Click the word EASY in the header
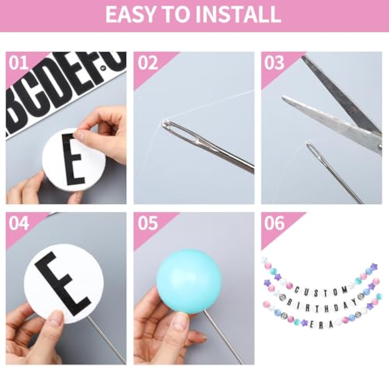pyautogui.click(x=130, y=15)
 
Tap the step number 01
pyautogui.click(x=18, y=63)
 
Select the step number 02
pyautogui.click(x=147, y=63)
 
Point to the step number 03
pyautogui.click(x=274, y=63)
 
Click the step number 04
pyautogui.click(x=18, y=223)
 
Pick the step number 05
pyautogui.click(x=147, y=223)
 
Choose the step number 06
pyautogui.click(x=274, y=223)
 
